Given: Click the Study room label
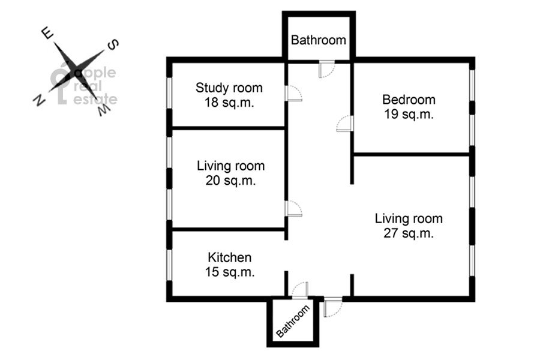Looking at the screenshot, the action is [229, 88].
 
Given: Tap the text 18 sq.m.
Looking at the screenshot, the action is [229, 103].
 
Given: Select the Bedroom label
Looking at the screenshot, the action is [409, 100].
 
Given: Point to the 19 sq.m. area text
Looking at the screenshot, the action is [409, 114].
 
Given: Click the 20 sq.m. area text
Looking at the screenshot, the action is [231, 180].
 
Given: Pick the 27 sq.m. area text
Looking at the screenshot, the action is [409, 233].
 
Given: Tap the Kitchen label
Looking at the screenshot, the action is [230, 257].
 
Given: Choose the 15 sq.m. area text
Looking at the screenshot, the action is [230, 272].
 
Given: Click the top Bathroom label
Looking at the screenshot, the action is [319, 40].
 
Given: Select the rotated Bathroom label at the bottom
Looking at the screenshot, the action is [293, 322].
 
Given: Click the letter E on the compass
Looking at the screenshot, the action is [47, 34].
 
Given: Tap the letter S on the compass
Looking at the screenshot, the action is [113, 45].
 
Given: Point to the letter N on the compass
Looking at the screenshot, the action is [39, 100].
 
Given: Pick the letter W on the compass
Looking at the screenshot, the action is [104, 110].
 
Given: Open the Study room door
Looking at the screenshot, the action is [294, 94].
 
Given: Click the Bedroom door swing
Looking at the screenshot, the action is [345, 124].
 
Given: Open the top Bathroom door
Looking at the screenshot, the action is [326, 69].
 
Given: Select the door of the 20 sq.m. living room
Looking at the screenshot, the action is [294, 208].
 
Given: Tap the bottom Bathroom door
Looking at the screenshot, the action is [300, 290].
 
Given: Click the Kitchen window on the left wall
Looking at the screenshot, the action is [169, 265].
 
